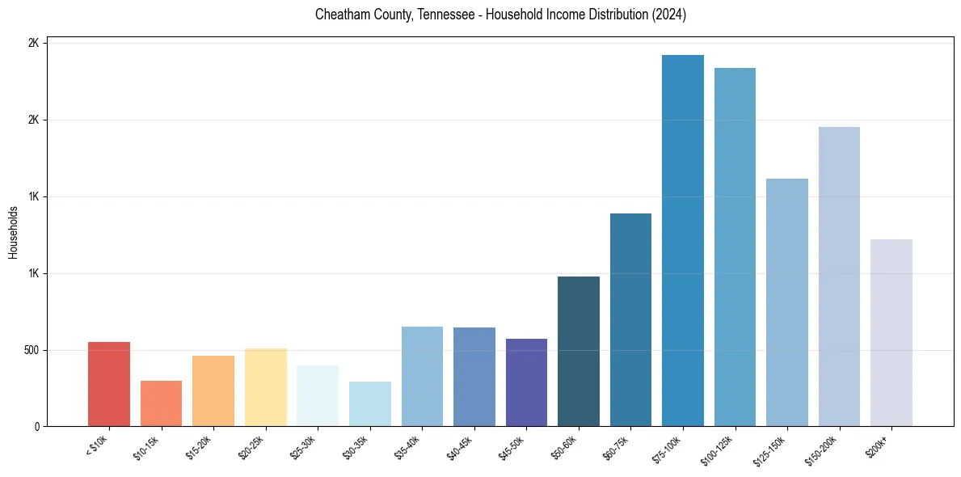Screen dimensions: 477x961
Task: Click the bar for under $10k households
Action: pos(109,384)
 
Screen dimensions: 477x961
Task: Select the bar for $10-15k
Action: pos(161,403)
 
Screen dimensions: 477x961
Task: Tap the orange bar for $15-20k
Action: pos(213,391)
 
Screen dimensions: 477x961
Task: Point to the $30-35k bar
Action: pos(369,404)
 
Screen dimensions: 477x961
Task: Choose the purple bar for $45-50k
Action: pos(526,382)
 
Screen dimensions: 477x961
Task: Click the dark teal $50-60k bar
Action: pos(579,352)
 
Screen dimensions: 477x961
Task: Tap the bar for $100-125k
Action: pos(735,247)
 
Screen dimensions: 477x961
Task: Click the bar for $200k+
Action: pos(891,333)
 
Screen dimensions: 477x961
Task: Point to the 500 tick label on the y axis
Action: pos(29,350)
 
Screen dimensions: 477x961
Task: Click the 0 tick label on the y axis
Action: pos(36,427)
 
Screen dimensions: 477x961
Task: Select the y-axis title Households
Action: pos(13,233)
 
